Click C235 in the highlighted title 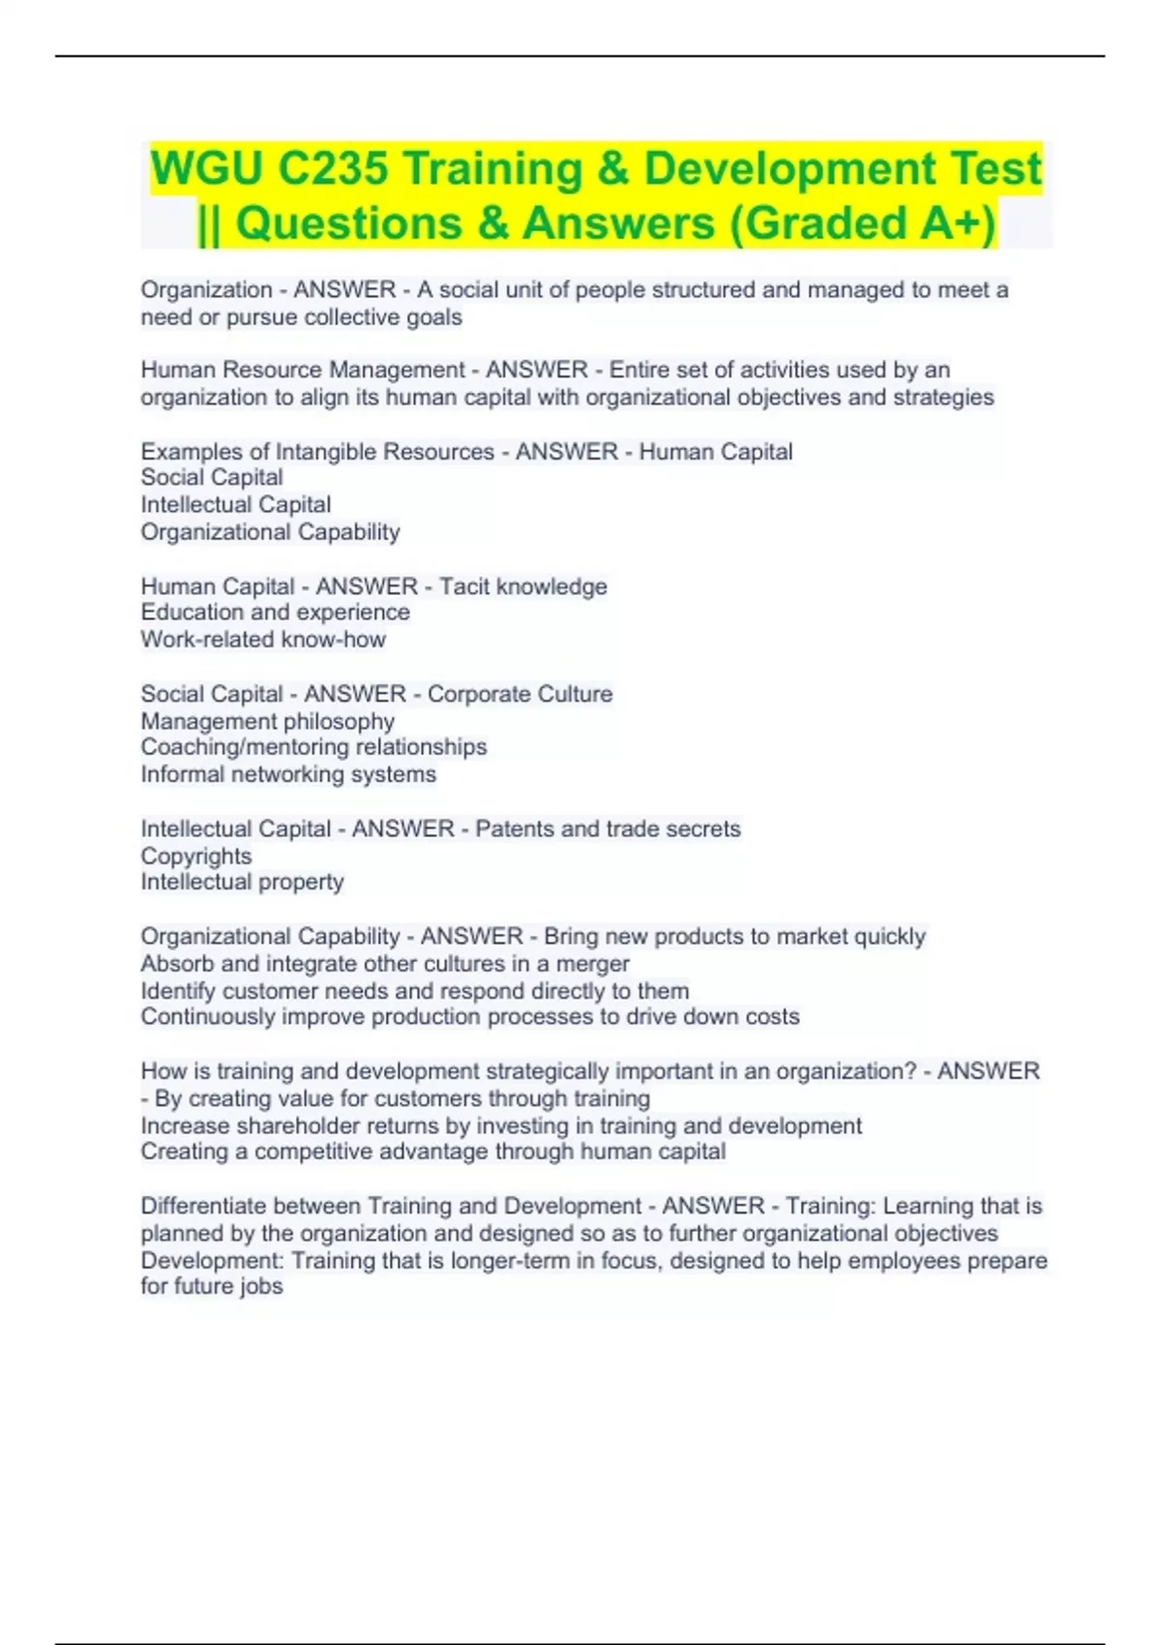(332, 168)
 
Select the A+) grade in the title (957, 224)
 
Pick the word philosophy (335, 721)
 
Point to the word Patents (515, 828)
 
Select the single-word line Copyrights (195, 856)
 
